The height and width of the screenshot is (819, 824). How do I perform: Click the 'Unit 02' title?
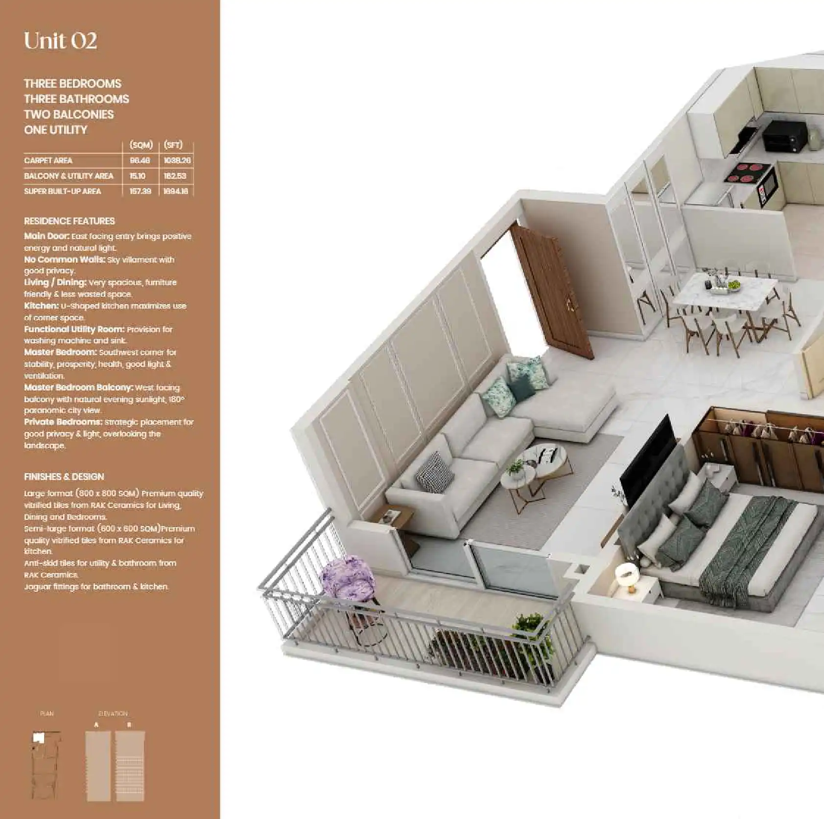(60, 41)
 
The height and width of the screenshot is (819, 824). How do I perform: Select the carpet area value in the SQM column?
(140, 161)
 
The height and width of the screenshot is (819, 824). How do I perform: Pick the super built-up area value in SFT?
(176, 192)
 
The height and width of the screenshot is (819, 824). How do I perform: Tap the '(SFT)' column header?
(173, 145)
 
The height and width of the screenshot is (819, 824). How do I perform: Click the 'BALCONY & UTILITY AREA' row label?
(69, 176)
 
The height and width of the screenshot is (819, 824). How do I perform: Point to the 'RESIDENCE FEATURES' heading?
(70, 221)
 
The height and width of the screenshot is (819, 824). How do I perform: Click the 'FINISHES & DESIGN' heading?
(64, 477)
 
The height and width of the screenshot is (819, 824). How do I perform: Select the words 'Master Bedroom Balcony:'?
(78, 387)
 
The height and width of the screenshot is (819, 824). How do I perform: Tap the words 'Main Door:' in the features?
(47, 236)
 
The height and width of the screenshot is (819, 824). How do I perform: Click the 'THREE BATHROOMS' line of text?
(76, 99)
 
